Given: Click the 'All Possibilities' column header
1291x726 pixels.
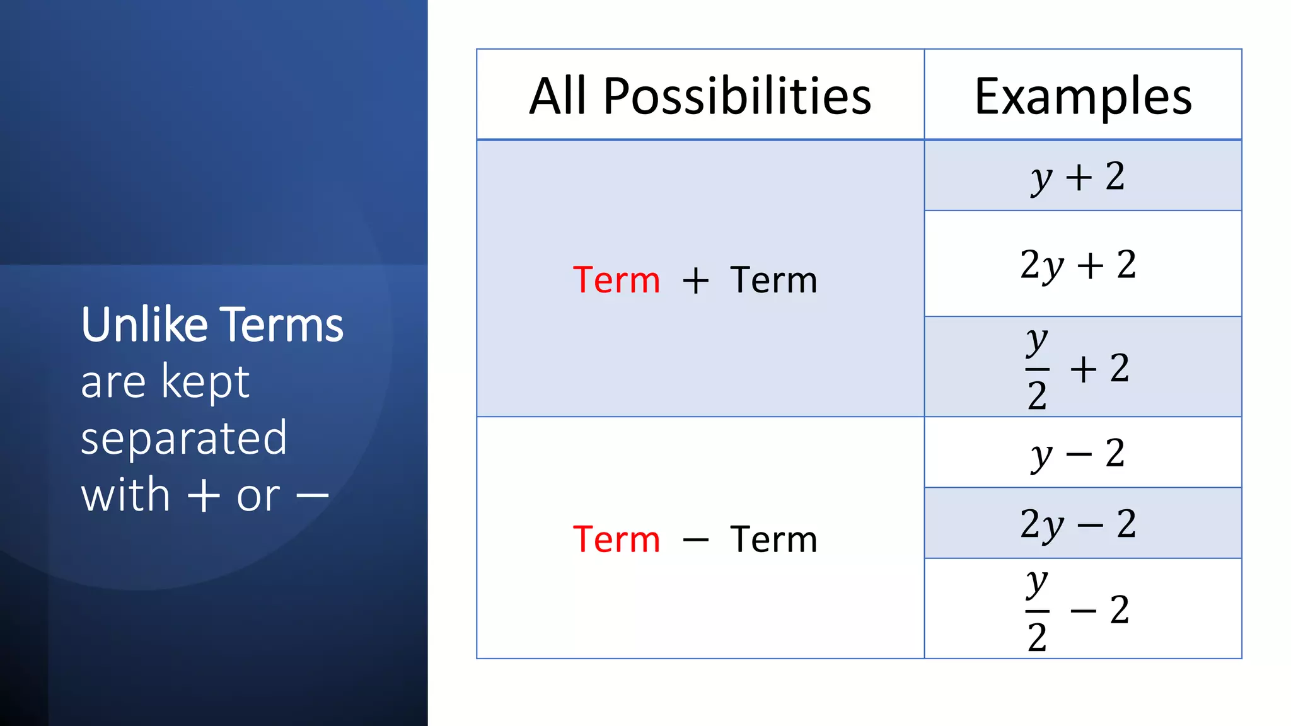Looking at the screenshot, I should [x=700, y=96].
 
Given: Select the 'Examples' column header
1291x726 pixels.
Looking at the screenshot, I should [x=1082, y=96].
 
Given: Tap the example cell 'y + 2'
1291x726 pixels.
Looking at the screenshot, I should [x=1078, y=176].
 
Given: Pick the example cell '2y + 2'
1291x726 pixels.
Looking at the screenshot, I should [x=1078, y=265].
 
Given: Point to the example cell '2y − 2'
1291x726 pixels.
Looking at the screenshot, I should [x=1078, y=524].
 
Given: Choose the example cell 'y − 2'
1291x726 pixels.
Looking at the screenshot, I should [x=1078, y=453].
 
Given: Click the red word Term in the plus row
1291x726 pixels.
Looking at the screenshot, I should [x=617, y=280].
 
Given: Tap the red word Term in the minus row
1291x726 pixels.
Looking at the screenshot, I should [x=617, y=539].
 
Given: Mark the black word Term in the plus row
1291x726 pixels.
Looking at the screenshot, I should [x=773, y=280].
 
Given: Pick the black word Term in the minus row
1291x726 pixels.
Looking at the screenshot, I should [x=773, y=539].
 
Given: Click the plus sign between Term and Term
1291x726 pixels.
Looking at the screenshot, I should [x=695, y=281].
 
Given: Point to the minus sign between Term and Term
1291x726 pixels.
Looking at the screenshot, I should [x=695, y=541].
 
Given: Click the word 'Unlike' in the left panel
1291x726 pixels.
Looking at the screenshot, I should [x=144, y=325].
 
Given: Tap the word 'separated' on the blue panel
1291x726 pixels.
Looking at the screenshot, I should [x=183, y=439].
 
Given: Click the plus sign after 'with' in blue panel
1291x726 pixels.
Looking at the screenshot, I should [x=204, y=496].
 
